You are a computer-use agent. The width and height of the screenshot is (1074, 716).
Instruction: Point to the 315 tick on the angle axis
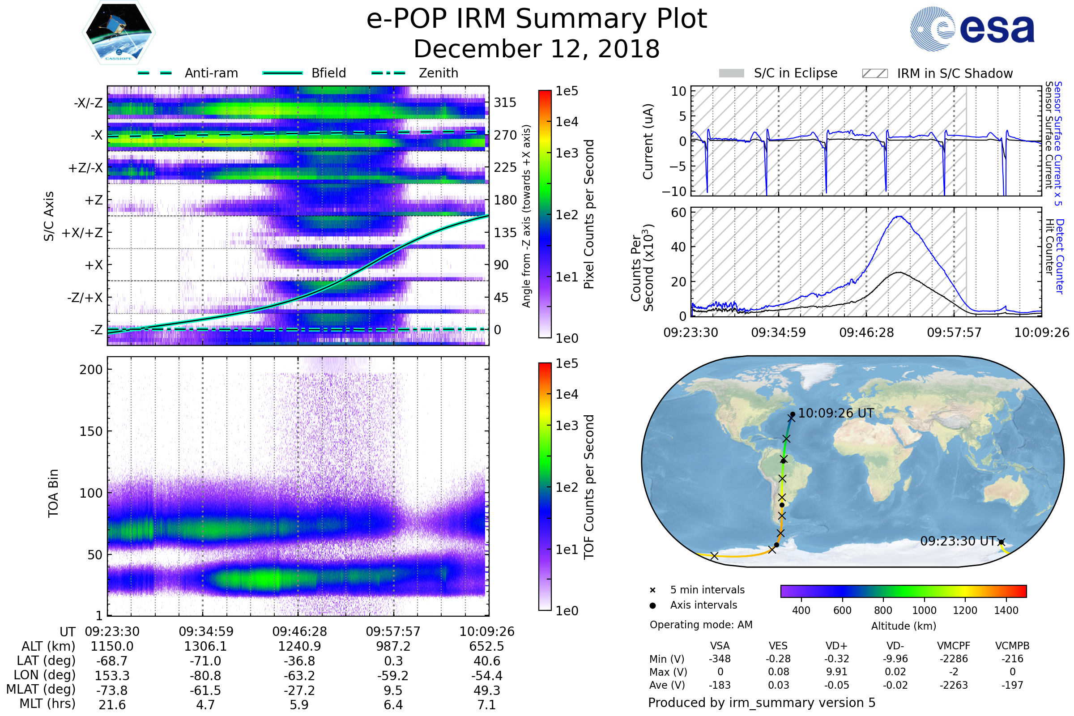(x=505, y=103)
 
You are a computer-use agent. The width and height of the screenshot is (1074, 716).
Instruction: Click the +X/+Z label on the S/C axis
(x=82, y=233)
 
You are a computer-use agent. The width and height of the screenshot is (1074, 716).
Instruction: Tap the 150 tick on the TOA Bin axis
(x=91, y=431)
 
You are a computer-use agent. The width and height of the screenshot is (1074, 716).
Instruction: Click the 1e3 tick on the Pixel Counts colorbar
(x=567, y=153)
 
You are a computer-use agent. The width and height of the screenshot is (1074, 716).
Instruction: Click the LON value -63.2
(x=299, y=676)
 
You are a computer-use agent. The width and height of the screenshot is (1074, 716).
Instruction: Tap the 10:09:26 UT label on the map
(x=835, y=413)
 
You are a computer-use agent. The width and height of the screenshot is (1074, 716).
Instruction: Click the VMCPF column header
(x=954, y=646)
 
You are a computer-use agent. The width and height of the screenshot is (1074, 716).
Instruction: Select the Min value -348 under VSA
(x=720, y=659)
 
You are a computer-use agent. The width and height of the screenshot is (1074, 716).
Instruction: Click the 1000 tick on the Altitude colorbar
(x=924, y=610)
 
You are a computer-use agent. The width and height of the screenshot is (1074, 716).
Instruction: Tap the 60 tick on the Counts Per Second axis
(x=678, y=213)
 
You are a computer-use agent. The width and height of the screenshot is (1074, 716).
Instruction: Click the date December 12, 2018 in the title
(x=537, y=49)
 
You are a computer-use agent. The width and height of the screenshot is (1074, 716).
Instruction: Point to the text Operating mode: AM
(x=701, y=625)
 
